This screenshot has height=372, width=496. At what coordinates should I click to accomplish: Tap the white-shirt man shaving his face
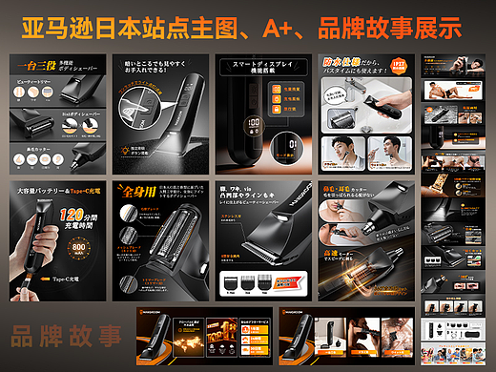pyautogui.click(x=342, y=148)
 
